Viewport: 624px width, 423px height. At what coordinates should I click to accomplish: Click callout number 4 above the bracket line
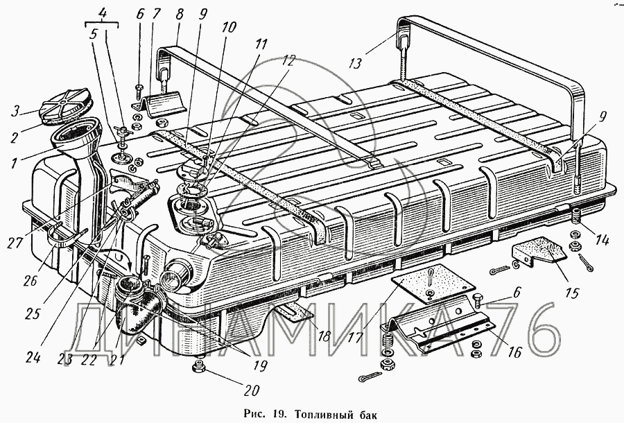[103, 12]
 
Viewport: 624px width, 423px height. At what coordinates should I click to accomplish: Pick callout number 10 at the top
[229, 28]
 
